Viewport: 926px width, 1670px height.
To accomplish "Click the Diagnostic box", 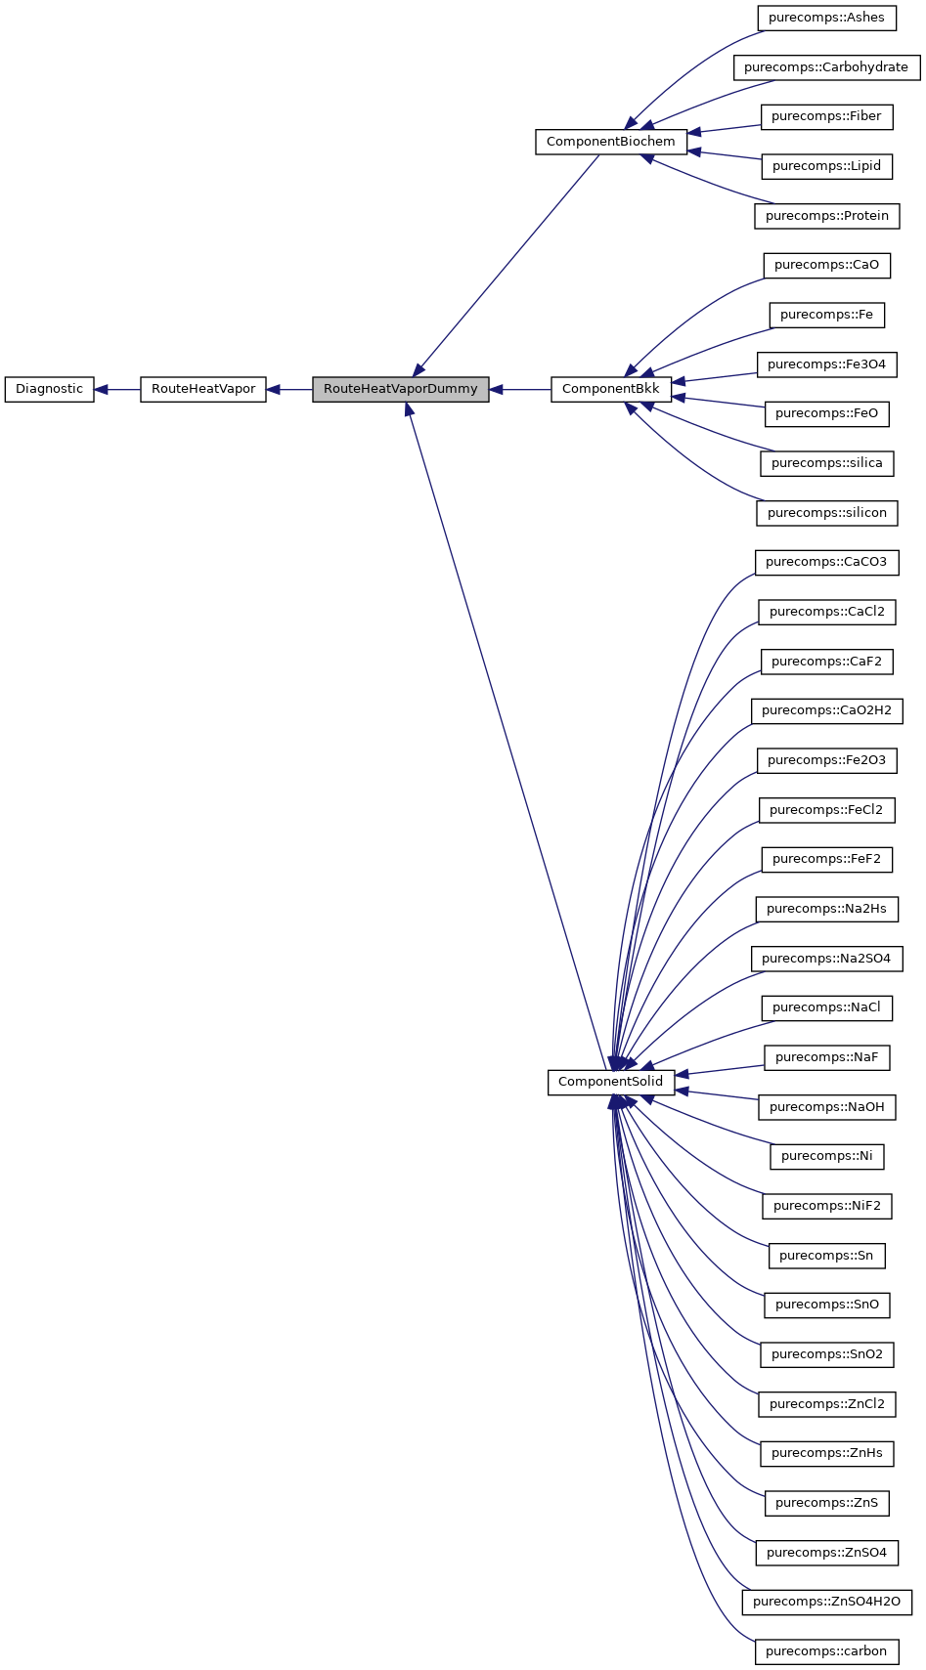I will point(49,389).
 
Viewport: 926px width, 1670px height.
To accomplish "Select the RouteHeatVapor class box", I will point(202,389).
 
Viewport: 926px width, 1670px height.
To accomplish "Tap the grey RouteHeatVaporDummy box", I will point(400,389).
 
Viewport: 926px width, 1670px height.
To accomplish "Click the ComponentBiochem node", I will point(610,142).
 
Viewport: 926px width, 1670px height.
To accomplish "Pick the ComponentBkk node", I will point(610,389).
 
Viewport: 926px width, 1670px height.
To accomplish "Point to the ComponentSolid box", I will point(610,1082).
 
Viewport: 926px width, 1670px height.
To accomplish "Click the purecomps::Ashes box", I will point(826,18).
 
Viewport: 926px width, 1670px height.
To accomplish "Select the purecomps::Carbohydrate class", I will point(826,67).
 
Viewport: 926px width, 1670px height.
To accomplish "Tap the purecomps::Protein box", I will point(826,216).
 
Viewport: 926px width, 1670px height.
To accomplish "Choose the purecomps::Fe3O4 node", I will point(826,364).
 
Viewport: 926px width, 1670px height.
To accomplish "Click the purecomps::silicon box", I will point(826,513).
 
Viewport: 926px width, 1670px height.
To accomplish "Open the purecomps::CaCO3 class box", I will point(826,563).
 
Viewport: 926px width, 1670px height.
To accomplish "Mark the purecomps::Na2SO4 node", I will point(826,959).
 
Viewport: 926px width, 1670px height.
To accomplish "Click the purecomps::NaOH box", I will point(826,1107).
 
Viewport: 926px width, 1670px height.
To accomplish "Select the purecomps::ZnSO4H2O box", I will point(826,1602).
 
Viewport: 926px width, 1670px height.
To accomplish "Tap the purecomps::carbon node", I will point(826,1651).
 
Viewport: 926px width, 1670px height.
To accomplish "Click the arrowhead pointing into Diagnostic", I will point(101,389).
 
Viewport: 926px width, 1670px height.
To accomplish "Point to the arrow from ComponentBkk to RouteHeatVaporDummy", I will point(519,389).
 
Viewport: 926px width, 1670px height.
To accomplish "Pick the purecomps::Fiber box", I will point(826,116).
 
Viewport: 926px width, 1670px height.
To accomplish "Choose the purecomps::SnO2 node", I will point(826,1354).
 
